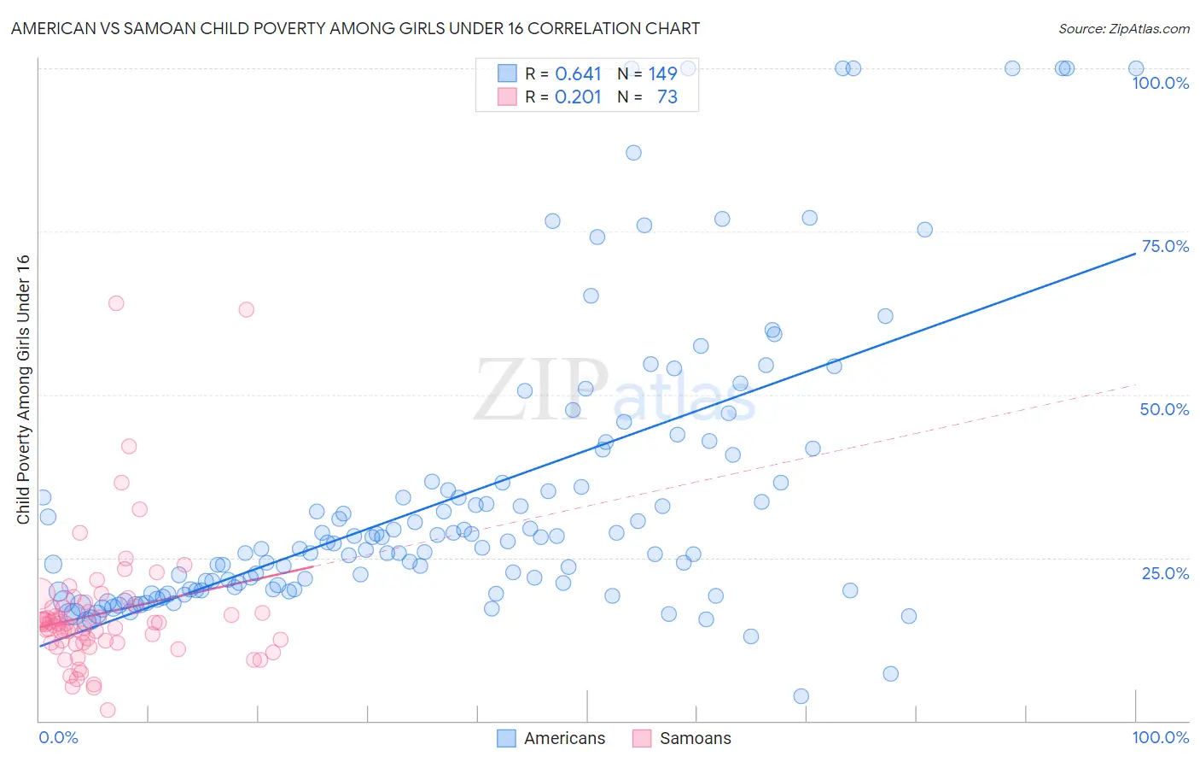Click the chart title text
[355, 28]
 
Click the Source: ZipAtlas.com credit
[1123, 28]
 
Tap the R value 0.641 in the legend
[578, 74]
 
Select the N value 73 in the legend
[667, 97]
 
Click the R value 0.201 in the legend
[578, 97]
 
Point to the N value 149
[662, 74]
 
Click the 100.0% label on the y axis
[1160, 83]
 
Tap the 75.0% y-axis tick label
[1165, 246]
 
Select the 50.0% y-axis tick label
[1164, 409]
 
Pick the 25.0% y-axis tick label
[1165, 573]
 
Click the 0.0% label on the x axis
[58, 737]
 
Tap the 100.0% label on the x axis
[1160, 737]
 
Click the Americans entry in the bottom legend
[564, 738]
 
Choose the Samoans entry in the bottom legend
[695, 738]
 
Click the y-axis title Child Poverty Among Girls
[23, 390]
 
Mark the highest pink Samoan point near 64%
[116, 303]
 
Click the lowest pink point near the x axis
[108, 710]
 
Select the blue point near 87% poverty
[633, 153]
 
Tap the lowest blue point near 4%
[801, 696]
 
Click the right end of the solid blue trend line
[1135, 254]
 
